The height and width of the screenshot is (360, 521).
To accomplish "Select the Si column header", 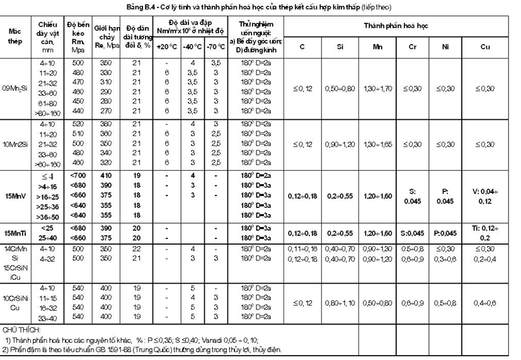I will click(339, 47).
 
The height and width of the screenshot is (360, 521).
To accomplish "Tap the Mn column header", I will click(377, 47).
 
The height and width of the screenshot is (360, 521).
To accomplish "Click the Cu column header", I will click(484, 47).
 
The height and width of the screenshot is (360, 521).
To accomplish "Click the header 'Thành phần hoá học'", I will click(398, 28).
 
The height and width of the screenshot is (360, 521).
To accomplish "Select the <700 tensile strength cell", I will click(79, 174).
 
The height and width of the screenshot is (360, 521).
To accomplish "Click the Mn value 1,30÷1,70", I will click(377, 88).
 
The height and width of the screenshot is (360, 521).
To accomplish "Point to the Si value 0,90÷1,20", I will click(339, 144).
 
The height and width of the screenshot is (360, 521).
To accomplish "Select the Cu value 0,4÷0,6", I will click(484, 303).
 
